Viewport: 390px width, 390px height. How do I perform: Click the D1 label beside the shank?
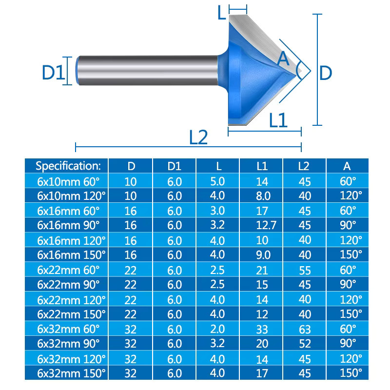pyautogui.click(x=53, y=72)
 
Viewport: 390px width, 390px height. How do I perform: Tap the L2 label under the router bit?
pyautogui.click(x=198, y=137)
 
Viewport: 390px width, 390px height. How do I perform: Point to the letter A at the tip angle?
pyautogui.click(x=283, y=58)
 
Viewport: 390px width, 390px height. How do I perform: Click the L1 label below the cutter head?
pyautogui.click(x=278, y=120)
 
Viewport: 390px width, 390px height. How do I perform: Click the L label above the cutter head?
pyautogui.click(x=221, y=13)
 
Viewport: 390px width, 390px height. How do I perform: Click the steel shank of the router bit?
pyautogui.click(x=148, y=70)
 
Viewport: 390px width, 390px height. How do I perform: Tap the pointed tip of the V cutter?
pyautogui.click(x=301, y=71)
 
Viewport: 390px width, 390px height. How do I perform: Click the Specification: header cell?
pyautogui.click(x=68, y=166)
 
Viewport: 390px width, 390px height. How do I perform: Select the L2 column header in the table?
pyautogui.click(x=303, y=166)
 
